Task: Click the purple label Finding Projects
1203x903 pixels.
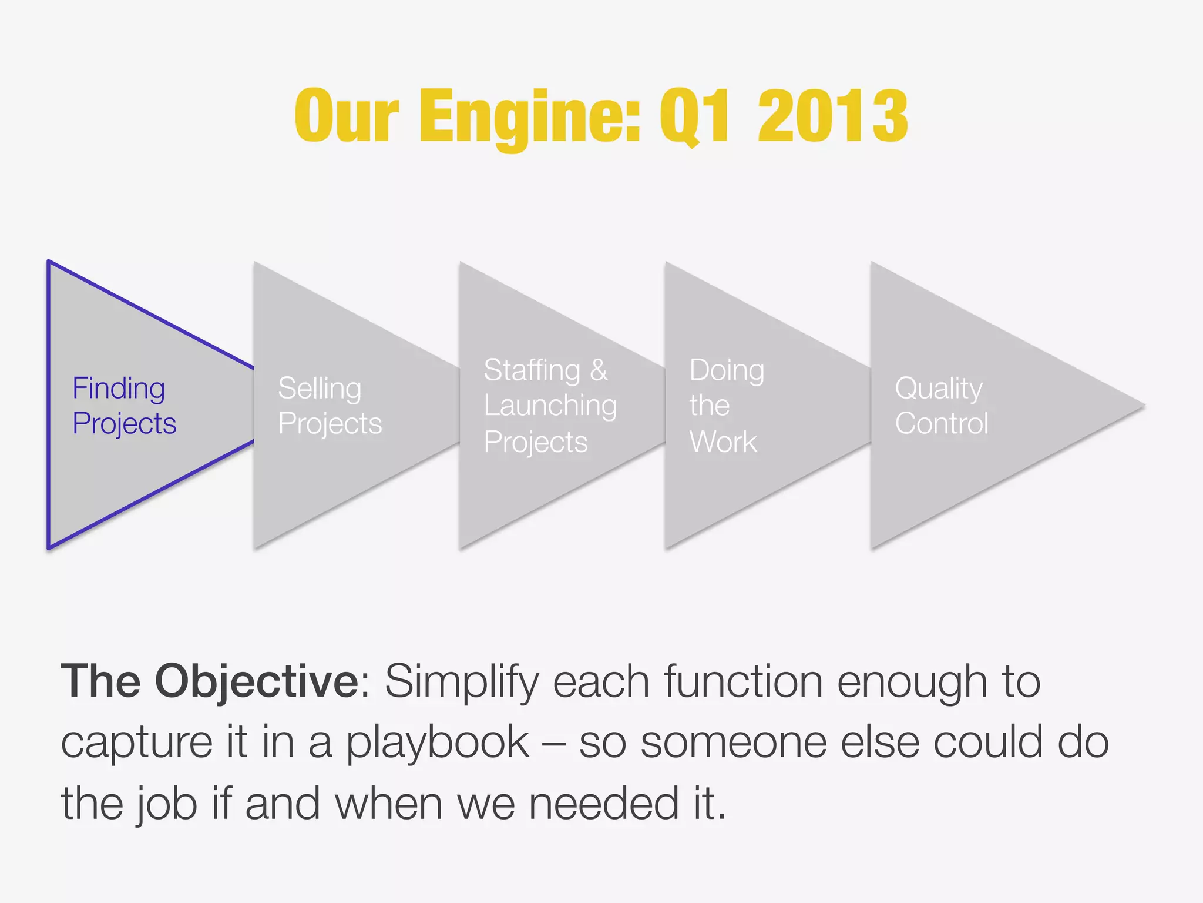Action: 123,406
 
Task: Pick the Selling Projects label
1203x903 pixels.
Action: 329,406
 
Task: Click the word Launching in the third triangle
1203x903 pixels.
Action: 550,406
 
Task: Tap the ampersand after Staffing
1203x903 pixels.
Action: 599,370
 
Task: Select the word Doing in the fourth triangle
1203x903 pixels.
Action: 727,370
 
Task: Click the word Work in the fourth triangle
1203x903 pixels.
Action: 723,442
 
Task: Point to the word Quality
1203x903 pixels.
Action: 938,388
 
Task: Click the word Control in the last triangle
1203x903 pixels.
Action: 942,423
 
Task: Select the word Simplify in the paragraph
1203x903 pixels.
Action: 462,682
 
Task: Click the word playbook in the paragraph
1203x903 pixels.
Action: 437,743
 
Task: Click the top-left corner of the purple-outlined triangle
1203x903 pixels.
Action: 49,262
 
